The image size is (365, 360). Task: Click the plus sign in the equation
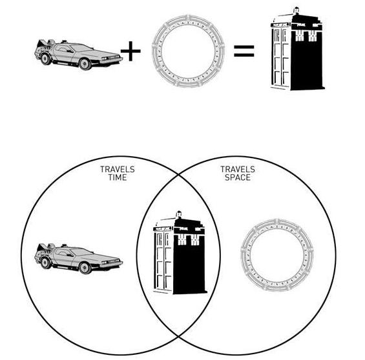point(130,51)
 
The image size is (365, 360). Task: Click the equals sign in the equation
point(244,51)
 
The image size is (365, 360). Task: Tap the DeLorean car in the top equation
point(78,55)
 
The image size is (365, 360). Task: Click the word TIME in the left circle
point(118,177)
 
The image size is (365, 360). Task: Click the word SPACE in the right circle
point(238,177)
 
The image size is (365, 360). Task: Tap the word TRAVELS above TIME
point(118,169)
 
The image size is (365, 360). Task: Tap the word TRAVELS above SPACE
point(238,169)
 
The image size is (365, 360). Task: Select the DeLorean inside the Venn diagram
point(78,259)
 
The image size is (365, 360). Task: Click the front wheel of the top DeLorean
point(85,63)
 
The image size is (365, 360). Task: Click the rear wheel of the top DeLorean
point(45,59)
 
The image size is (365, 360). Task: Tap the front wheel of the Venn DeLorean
point(85,267)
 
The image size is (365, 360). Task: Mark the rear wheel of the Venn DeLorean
point(45,263)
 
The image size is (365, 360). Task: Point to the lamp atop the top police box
point(297,10)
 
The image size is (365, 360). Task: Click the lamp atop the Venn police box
point(179,214)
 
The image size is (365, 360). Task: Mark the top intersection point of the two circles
point(178,174)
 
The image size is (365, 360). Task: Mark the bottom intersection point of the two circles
point(178,336)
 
